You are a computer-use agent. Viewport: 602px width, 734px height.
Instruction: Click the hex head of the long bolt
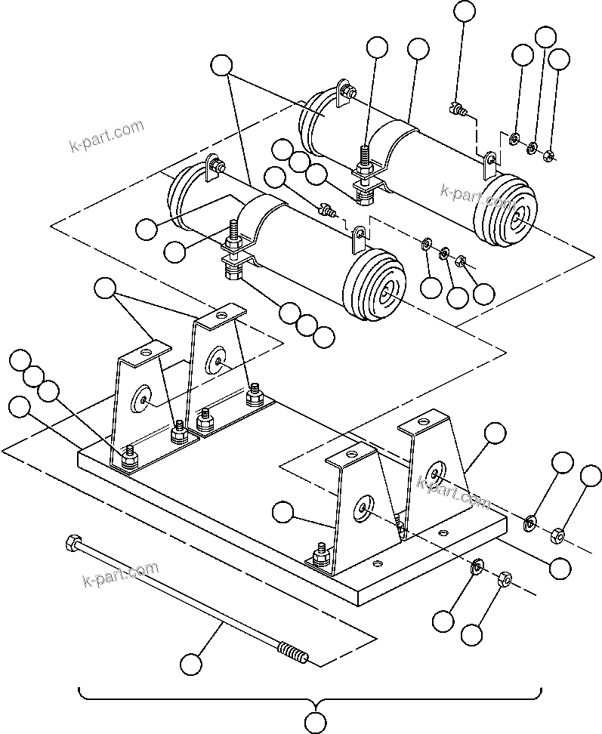point(73,542)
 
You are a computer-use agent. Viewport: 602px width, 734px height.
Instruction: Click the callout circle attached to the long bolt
point(192,665)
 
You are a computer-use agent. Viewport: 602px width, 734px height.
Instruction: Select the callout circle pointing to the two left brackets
point(104,287)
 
